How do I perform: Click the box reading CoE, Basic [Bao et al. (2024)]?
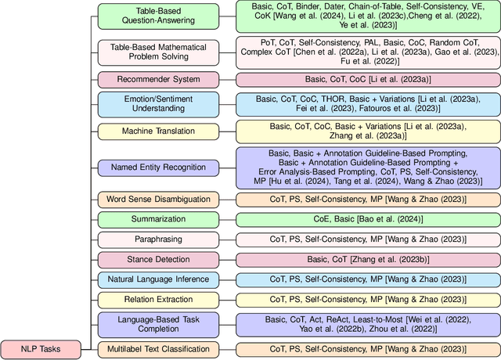366,220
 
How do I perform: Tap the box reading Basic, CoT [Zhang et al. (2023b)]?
366,259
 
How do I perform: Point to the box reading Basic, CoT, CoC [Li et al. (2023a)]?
366,79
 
